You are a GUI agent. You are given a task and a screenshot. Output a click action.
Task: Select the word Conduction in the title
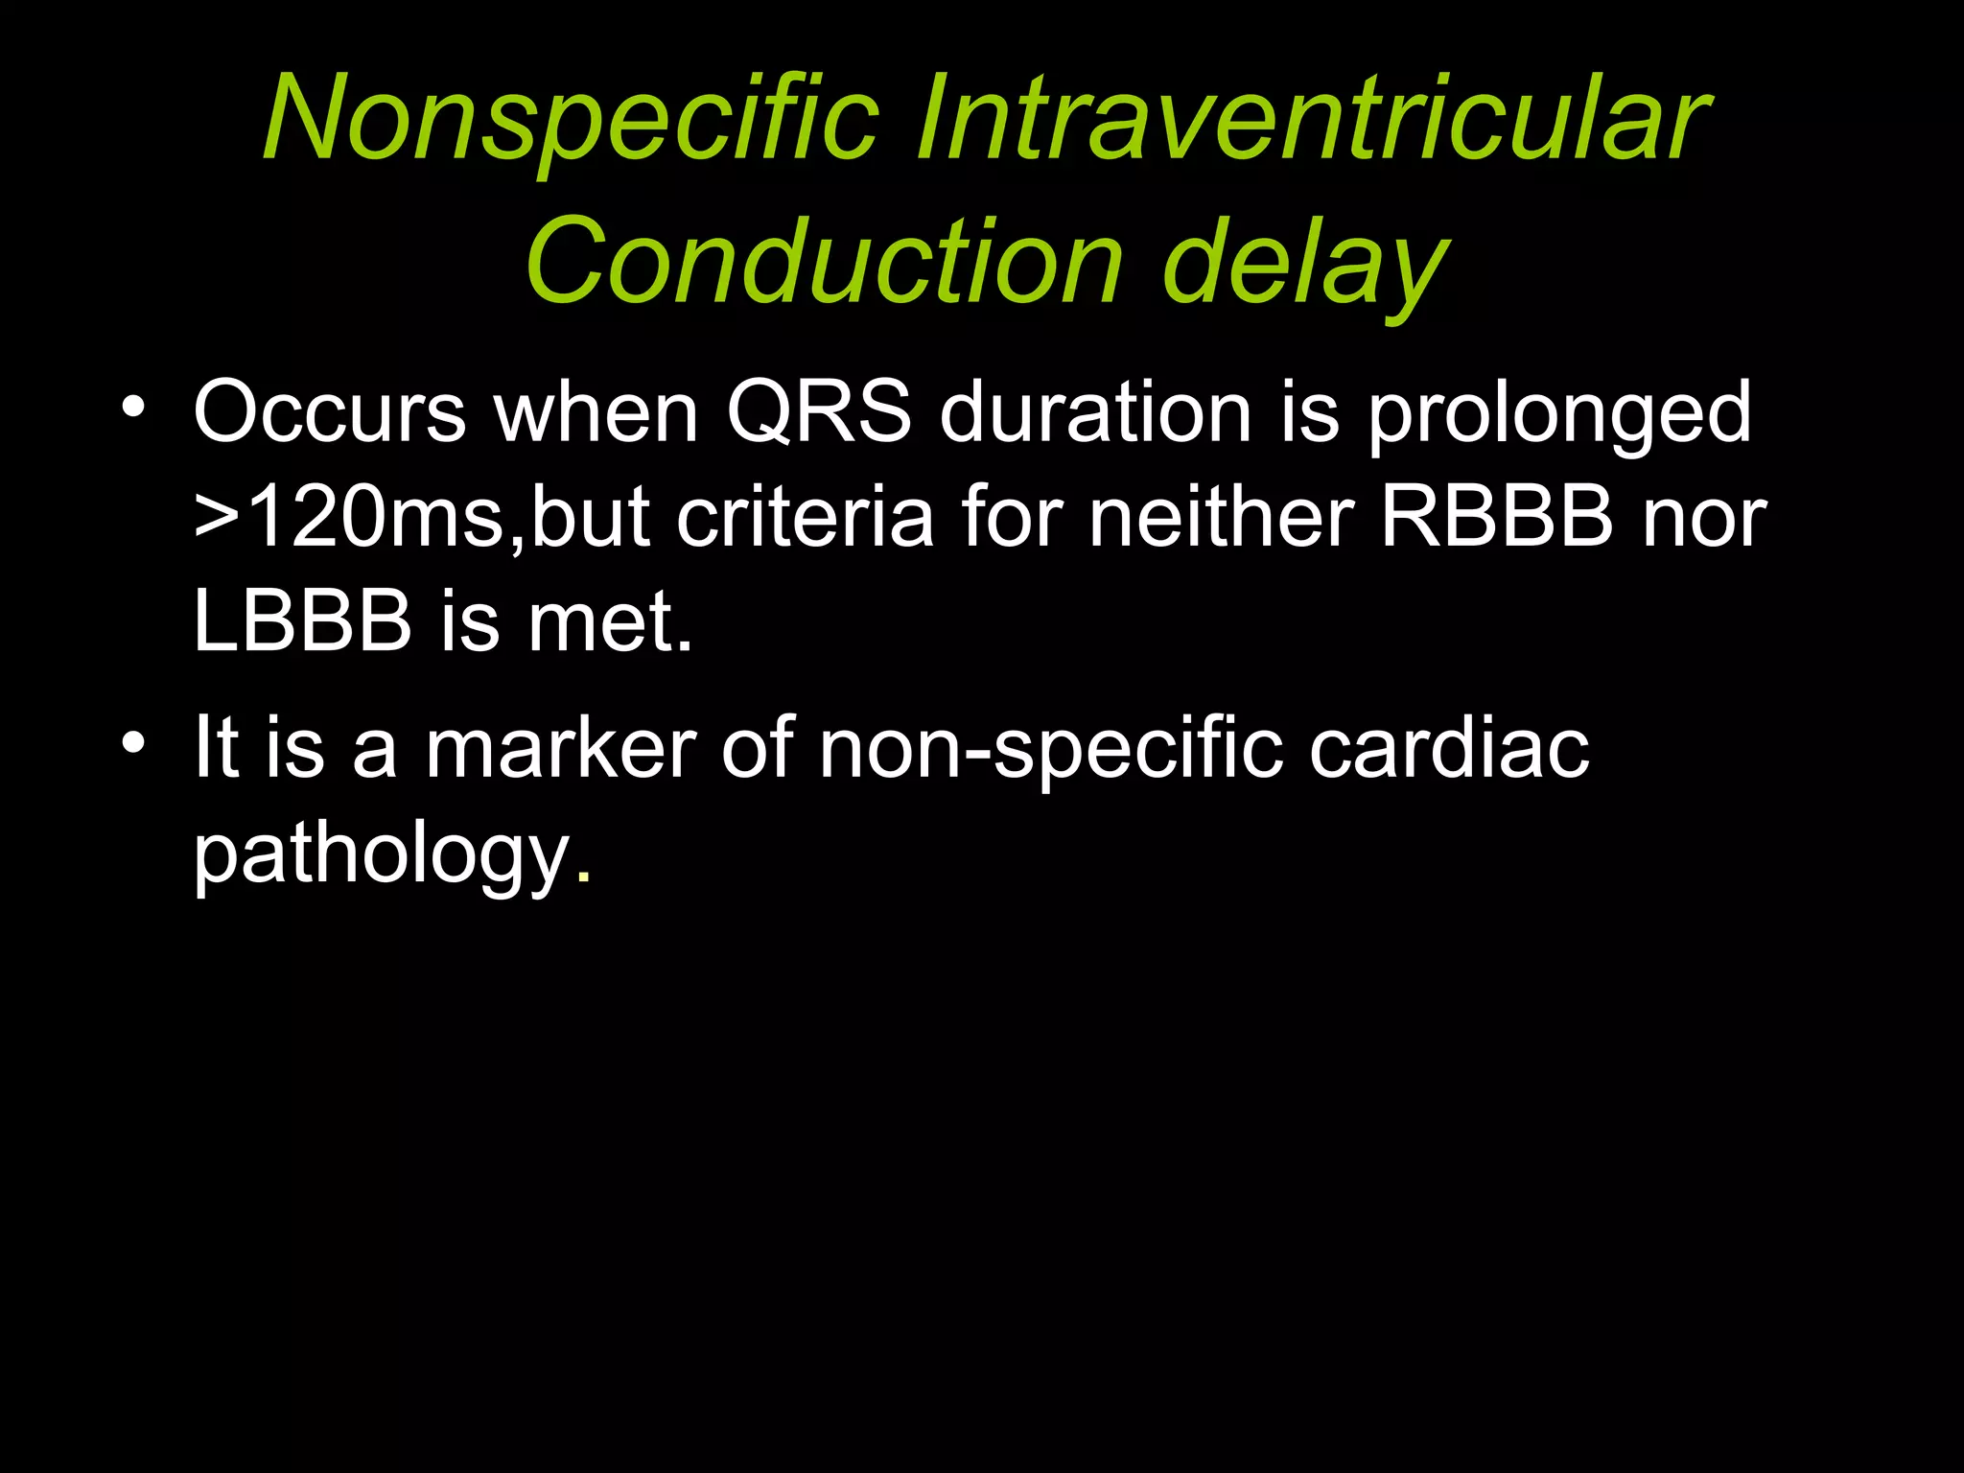pos(824,263)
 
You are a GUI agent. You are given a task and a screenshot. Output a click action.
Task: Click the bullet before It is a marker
pos(133,744)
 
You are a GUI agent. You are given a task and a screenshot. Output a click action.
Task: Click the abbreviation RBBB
pos(1497,519)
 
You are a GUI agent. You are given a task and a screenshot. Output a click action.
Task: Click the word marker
pos(560,748)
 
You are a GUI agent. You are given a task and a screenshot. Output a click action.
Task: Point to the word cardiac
pos(1448,748)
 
